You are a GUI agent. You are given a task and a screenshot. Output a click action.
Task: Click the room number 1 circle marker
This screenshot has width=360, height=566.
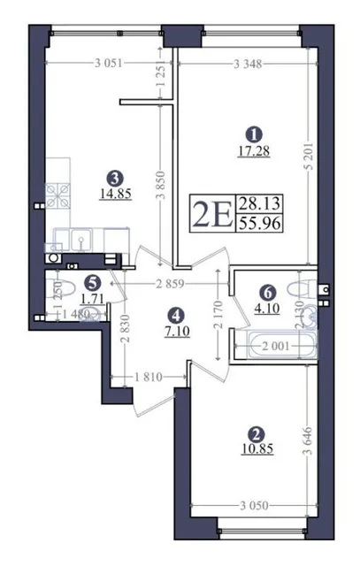click(x=254, y=135)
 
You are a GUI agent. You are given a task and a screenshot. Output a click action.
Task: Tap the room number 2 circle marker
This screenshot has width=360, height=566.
click(x=257, y=433)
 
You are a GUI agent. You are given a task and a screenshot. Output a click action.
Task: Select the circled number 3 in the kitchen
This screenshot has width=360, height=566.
click(x=116, y=177)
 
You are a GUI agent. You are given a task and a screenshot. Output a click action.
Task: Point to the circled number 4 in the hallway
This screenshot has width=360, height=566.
click(x=176, y=316)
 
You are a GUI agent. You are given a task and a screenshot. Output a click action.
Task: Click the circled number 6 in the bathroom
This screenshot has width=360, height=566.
click(x=267, y=293)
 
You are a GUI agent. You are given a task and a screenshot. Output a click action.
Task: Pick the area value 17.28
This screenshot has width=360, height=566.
click(x=254, y=151)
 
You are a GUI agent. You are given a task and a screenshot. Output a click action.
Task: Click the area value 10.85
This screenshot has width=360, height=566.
click(x=257, y=448)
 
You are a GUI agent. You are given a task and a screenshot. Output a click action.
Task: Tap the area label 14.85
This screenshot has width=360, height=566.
click(x=116, y=193)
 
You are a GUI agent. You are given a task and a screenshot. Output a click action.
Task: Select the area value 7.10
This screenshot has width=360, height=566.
click(x=177, y=331)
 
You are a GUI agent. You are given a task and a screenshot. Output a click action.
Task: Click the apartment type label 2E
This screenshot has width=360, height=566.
click(x=211, y=213)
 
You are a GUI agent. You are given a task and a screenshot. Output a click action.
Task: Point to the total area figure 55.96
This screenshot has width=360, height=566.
click(x=258, y=224)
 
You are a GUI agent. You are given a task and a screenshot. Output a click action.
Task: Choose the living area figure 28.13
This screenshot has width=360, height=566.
click(x=258, y=204)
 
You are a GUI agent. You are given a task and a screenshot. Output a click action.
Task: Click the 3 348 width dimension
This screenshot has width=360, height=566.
click(x=248, y=65)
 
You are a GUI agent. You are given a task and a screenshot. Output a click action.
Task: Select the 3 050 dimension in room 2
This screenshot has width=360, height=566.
click(x=254, y=505)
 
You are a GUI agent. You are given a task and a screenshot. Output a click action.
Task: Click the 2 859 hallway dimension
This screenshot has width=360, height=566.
click(x=170, y=284)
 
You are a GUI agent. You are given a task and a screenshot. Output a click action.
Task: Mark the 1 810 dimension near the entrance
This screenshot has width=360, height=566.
click(x=149, y=378)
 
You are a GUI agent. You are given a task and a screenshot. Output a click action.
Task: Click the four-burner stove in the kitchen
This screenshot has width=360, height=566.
click(x=57, y=195)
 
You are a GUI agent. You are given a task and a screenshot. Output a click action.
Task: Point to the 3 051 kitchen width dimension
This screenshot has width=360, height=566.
click(x=109, y=64)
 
